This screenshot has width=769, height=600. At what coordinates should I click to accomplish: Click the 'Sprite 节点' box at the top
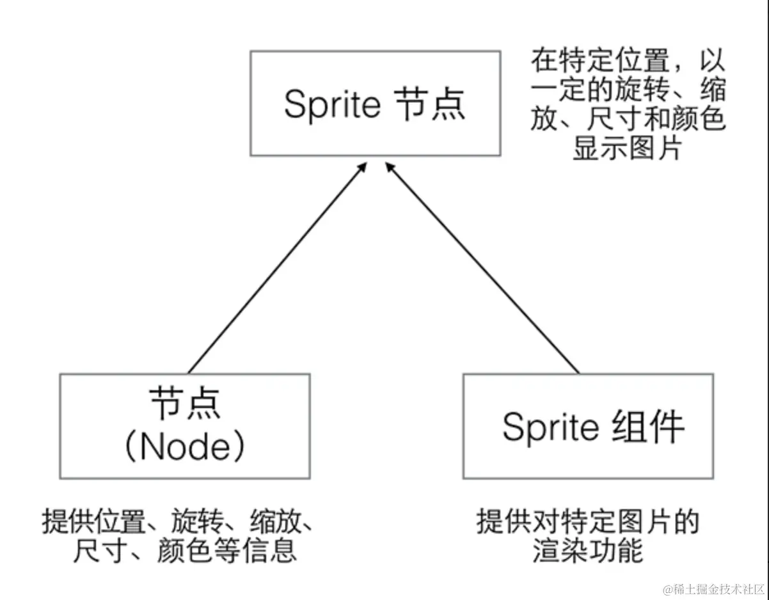pyautogui.click(x=375, y=104)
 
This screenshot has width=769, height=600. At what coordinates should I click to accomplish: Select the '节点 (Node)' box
pyautogui.click(x=185, y=426)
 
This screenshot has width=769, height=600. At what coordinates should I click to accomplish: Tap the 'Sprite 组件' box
pyautogui.click(x=587, y=426)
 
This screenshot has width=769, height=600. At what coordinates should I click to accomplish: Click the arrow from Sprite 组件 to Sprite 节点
pyautogui.click(x=483, y=269)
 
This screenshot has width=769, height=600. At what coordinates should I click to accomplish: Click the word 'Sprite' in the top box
pyautogui.click(x=331, y=104)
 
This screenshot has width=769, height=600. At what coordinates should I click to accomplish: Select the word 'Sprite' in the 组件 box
pyautogui.click(x=548, y=426)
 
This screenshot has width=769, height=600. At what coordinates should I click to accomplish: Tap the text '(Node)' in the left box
pyautogui.click(x=185, y=448)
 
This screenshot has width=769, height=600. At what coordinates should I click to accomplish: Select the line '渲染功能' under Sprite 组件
pyautogui.click(x=587, y=551)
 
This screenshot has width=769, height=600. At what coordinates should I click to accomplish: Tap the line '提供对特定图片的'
pyautogui.click(x=587, y=522)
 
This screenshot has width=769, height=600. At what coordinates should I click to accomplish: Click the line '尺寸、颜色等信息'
pyautogui.click(x=185, y=551)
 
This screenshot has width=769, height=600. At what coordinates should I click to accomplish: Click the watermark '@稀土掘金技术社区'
pyautogui.click(x=713, y=588)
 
